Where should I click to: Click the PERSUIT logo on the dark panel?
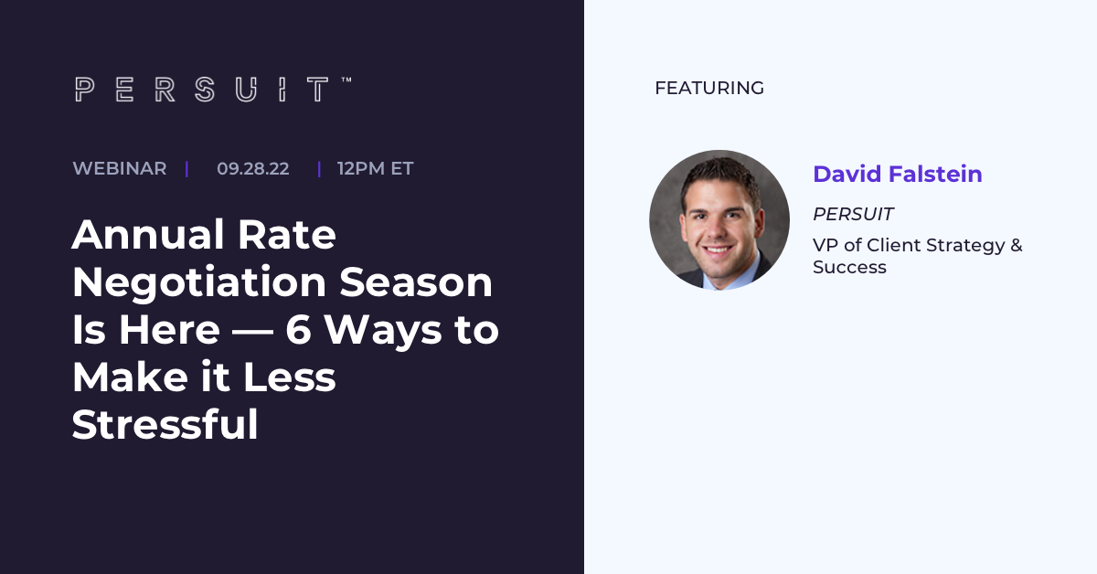pos(202,90)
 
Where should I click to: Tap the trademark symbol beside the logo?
pos(346,80)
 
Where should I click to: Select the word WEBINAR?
pos(120,168)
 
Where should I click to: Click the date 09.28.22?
pos(252,168)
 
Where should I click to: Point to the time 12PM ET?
pos(375,168)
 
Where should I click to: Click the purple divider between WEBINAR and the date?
pos(187,169)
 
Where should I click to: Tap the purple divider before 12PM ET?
pos(319,169)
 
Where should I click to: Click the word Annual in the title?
pos(149,234)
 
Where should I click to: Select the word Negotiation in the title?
pos(199,282)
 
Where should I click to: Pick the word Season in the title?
pos(416,282)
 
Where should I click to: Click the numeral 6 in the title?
pos(298,330)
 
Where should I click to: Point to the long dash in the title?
pos(252,332)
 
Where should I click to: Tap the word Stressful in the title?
pos(165,424)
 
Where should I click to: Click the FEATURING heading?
pos(709,88)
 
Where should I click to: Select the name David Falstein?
pos(897,174)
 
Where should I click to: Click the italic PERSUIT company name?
pos(853,214)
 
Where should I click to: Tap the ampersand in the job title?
pos(1017,245)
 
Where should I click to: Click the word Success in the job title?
pos(849,268)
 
